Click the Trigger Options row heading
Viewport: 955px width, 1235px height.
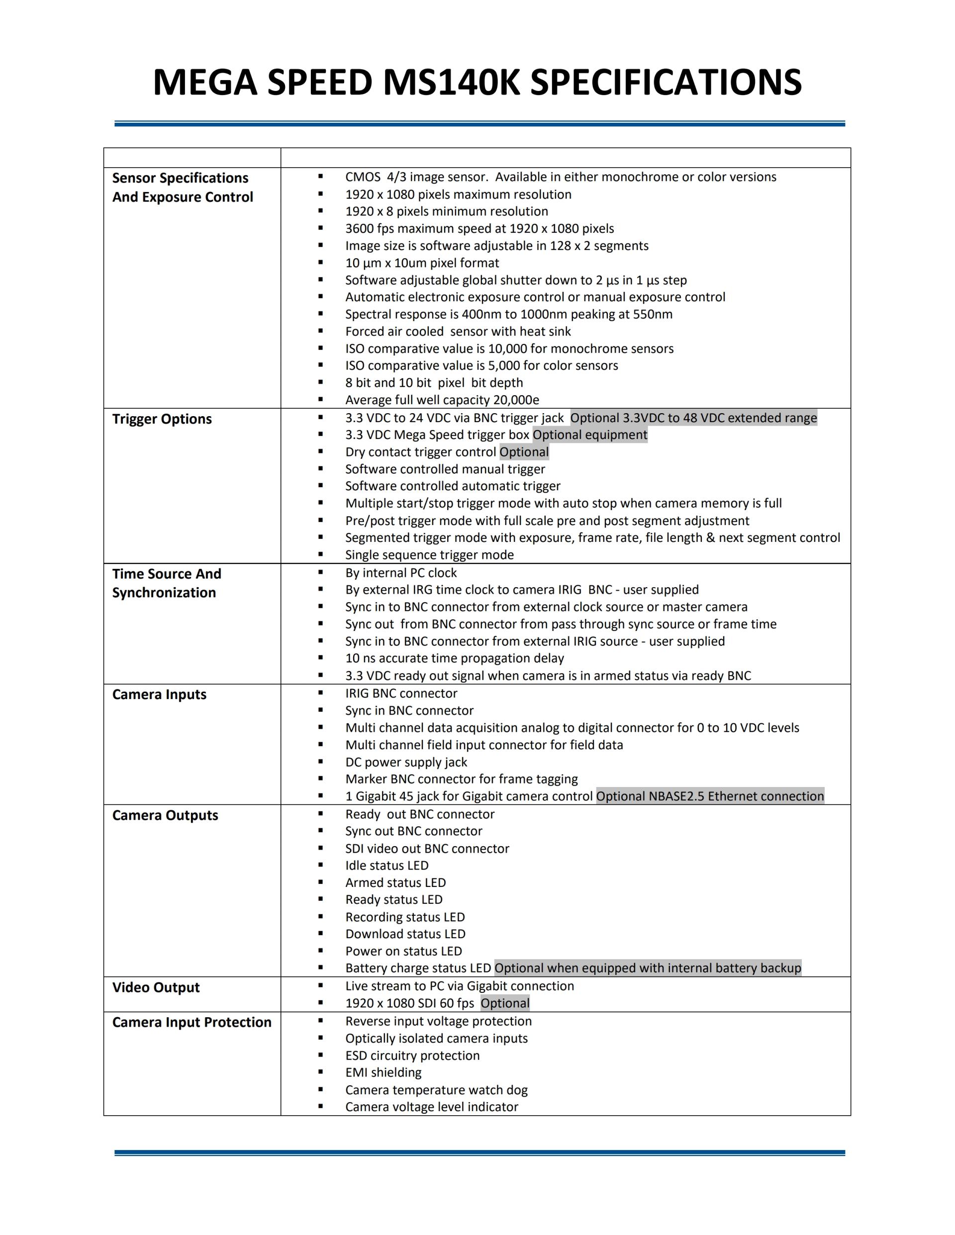[162, 419]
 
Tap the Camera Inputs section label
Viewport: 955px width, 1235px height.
[159, 695]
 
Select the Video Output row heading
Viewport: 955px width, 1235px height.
[156, 987]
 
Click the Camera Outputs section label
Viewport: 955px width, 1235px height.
[165, 815]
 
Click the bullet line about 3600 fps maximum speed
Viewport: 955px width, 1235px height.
[479, 228]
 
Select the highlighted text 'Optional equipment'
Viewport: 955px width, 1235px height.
[589, 435]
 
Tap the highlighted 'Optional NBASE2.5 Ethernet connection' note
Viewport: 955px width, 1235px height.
[710, 796]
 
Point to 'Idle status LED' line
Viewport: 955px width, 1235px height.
[386, 866]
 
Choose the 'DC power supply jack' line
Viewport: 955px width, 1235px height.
[406, 762]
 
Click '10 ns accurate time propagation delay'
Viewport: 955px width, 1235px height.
[454, 658]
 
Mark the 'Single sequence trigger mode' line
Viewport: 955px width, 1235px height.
[429, 555]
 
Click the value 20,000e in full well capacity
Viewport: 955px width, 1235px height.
[516, 400]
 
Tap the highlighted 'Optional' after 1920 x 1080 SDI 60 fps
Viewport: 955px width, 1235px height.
[505, 1004]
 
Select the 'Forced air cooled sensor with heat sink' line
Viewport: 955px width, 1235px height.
[458, 331]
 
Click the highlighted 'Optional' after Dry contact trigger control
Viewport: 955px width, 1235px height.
[524, 452]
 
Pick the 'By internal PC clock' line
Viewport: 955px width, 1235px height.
[400, 573]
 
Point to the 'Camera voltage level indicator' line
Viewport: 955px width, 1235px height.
[432, 1107]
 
